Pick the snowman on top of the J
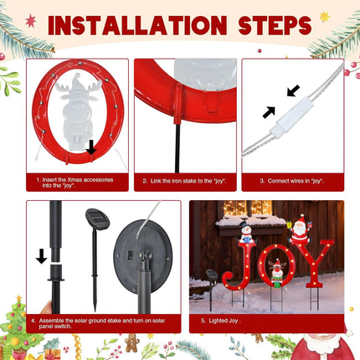245,231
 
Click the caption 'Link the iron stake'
182,180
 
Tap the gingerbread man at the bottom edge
131,342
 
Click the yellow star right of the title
324,16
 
